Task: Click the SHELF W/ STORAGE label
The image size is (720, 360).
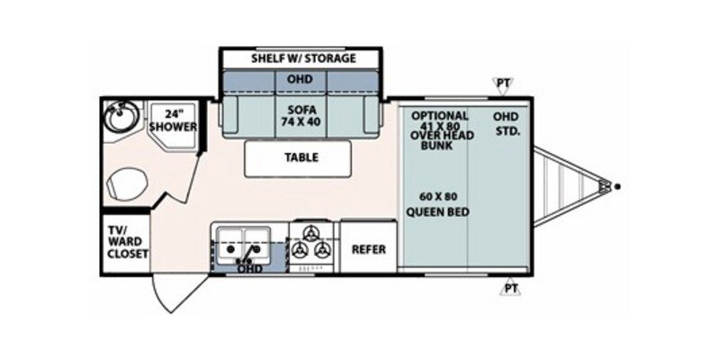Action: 304,58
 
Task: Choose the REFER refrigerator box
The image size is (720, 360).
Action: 368,248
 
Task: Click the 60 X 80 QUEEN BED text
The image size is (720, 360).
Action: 440,204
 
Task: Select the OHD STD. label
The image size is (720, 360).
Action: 510,122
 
